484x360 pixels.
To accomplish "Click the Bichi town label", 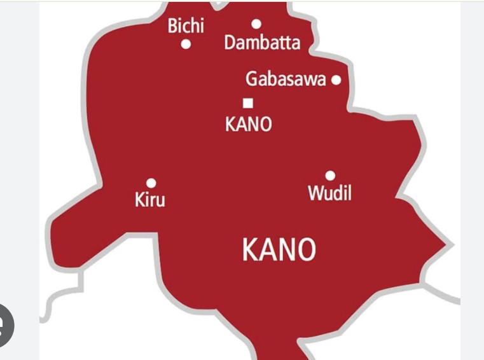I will [186, 27].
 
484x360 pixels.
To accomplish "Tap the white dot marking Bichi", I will [186, 45].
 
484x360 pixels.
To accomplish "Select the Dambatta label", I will [262, 43].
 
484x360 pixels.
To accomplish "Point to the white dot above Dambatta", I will [256, 24].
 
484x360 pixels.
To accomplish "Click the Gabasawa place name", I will [286, 80].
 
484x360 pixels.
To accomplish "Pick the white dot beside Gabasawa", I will [336, 80].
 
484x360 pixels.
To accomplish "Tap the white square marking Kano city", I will [248, 102].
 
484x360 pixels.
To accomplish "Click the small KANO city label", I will [248, 124].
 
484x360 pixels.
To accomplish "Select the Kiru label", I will [150, 200].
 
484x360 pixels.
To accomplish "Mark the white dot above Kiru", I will [151, 183].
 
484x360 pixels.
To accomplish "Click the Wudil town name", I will [329, 193].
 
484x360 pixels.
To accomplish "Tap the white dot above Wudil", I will [330, 176].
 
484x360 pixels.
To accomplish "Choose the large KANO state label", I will [279, 250].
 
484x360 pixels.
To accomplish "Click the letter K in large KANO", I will [250, 250].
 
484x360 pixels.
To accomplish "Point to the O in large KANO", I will [306, 250].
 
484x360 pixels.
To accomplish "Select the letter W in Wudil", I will [315, 193].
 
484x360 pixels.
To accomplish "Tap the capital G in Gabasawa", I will [252, 80].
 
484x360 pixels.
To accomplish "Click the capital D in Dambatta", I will [230, 43].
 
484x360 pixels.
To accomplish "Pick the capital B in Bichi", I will [172, 27].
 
